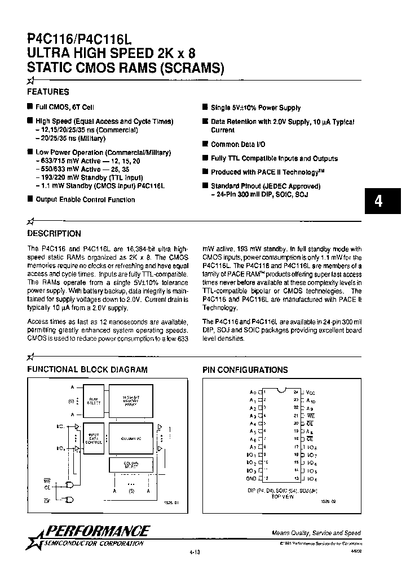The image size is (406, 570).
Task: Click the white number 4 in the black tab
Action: pyautogui.click(x=379, y=202)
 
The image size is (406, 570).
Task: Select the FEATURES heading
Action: pyautogui.click(x=48, y=92)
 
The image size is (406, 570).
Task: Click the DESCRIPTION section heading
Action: pyautogui.click(x=54, y=234)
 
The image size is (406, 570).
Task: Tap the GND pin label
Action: pyautogui.click(x=251, y=479)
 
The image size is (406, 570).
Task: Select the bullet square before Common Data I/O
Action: pyautogui.click(x=205, y=144)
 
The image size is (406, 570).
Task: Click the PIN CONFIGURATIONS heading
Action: pyautogui.click(x=245, y=370)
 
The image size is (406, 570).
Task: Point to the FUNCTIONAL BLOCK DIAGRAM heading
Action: pyautogui.click(x=87, y=370)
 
